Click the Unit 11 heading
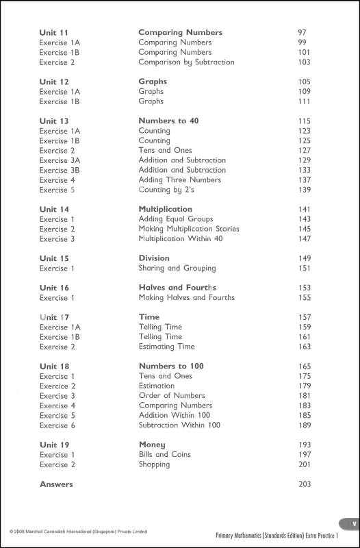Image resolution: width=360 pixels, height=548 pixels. point(54,32)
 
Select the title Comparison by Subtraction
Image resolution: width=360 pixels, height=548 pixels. point(186,62)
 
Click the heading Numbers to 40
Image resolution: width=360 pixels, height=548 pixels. point(168,121)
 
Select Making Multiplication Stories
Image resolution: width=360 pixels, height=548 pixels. point(189,229)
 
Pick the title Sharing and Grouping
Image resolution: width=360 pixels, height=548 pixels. point(177,269)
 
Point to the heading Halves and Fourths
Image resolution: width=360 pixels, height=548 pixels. point(177,288)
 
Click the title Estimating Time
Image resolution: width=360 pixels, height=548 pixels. point(166,347)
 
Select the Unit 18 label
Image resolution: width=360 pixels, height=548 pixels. point(54,366)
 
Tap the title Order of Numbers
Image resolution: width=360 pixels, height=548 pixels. point(171,396)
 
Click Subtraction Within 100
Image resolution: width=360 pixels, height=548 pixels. point(179,425)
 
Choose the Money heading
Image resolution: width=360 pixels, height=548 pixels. point(152,445)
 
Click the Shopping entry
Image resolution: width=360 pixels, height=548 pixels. point(154,464)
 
